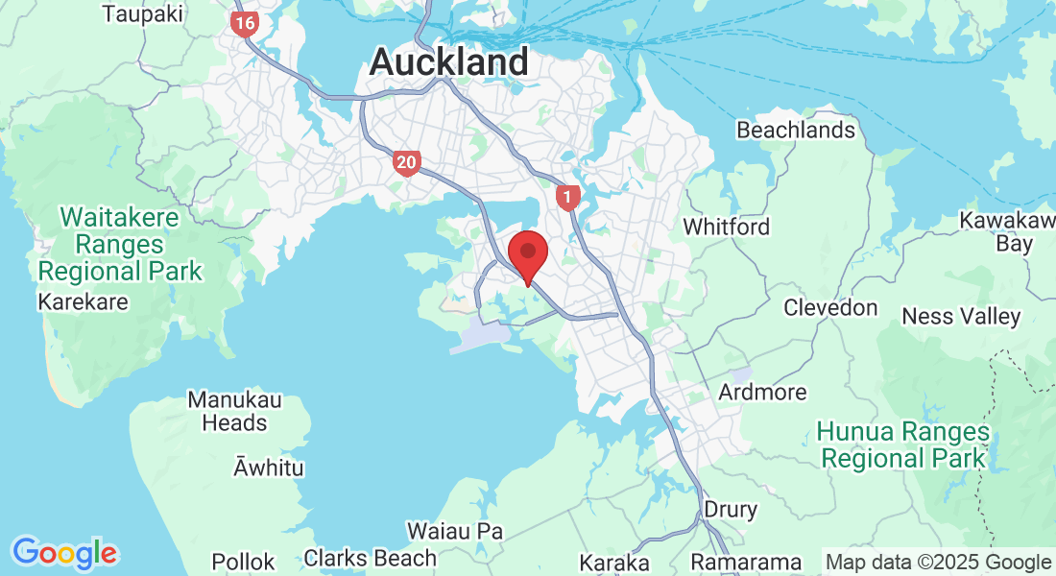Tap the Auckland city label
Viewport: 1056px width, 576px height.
click(x=448, y=62)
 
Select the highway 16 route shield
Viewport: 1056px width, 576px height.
click(x=245, y=24)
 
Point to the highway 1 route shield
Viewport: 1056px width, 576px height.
click(x=568, y=199)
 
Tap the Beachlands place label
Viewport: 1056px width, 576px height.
click(x=795, y=130)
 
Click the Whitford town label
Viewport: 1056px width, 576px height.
click(x=726, y=227)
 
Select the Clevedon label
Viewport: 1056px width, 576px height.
click(x=830, y=308)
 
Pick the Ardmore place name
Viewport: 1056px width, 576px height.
click(x=763, y=393)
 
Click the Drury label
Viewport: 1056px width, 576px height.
click(x=731, y=509)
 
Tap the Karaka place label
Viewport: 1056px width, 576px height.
click(x=614, y=563)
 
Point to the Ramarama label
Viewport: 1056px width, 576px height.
click(x=746, y=563)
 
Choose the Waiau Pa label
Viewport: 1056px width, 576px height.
click(x=455, y=531)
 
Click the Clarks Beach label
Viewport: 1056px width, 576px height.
click(x=370, y=558)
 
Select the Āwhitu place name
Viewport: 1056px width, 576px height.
click(x=269, y=468)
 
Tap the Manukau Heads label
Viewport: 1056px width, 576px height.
click(x=228, y=410)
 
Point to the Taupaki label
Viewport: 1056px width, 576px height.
click(x=143, y=13)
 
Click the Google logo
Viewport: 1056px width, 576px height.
click(x=64, y=553)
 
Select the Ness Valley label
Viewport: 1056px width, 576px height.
click(x=961, y=317)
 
